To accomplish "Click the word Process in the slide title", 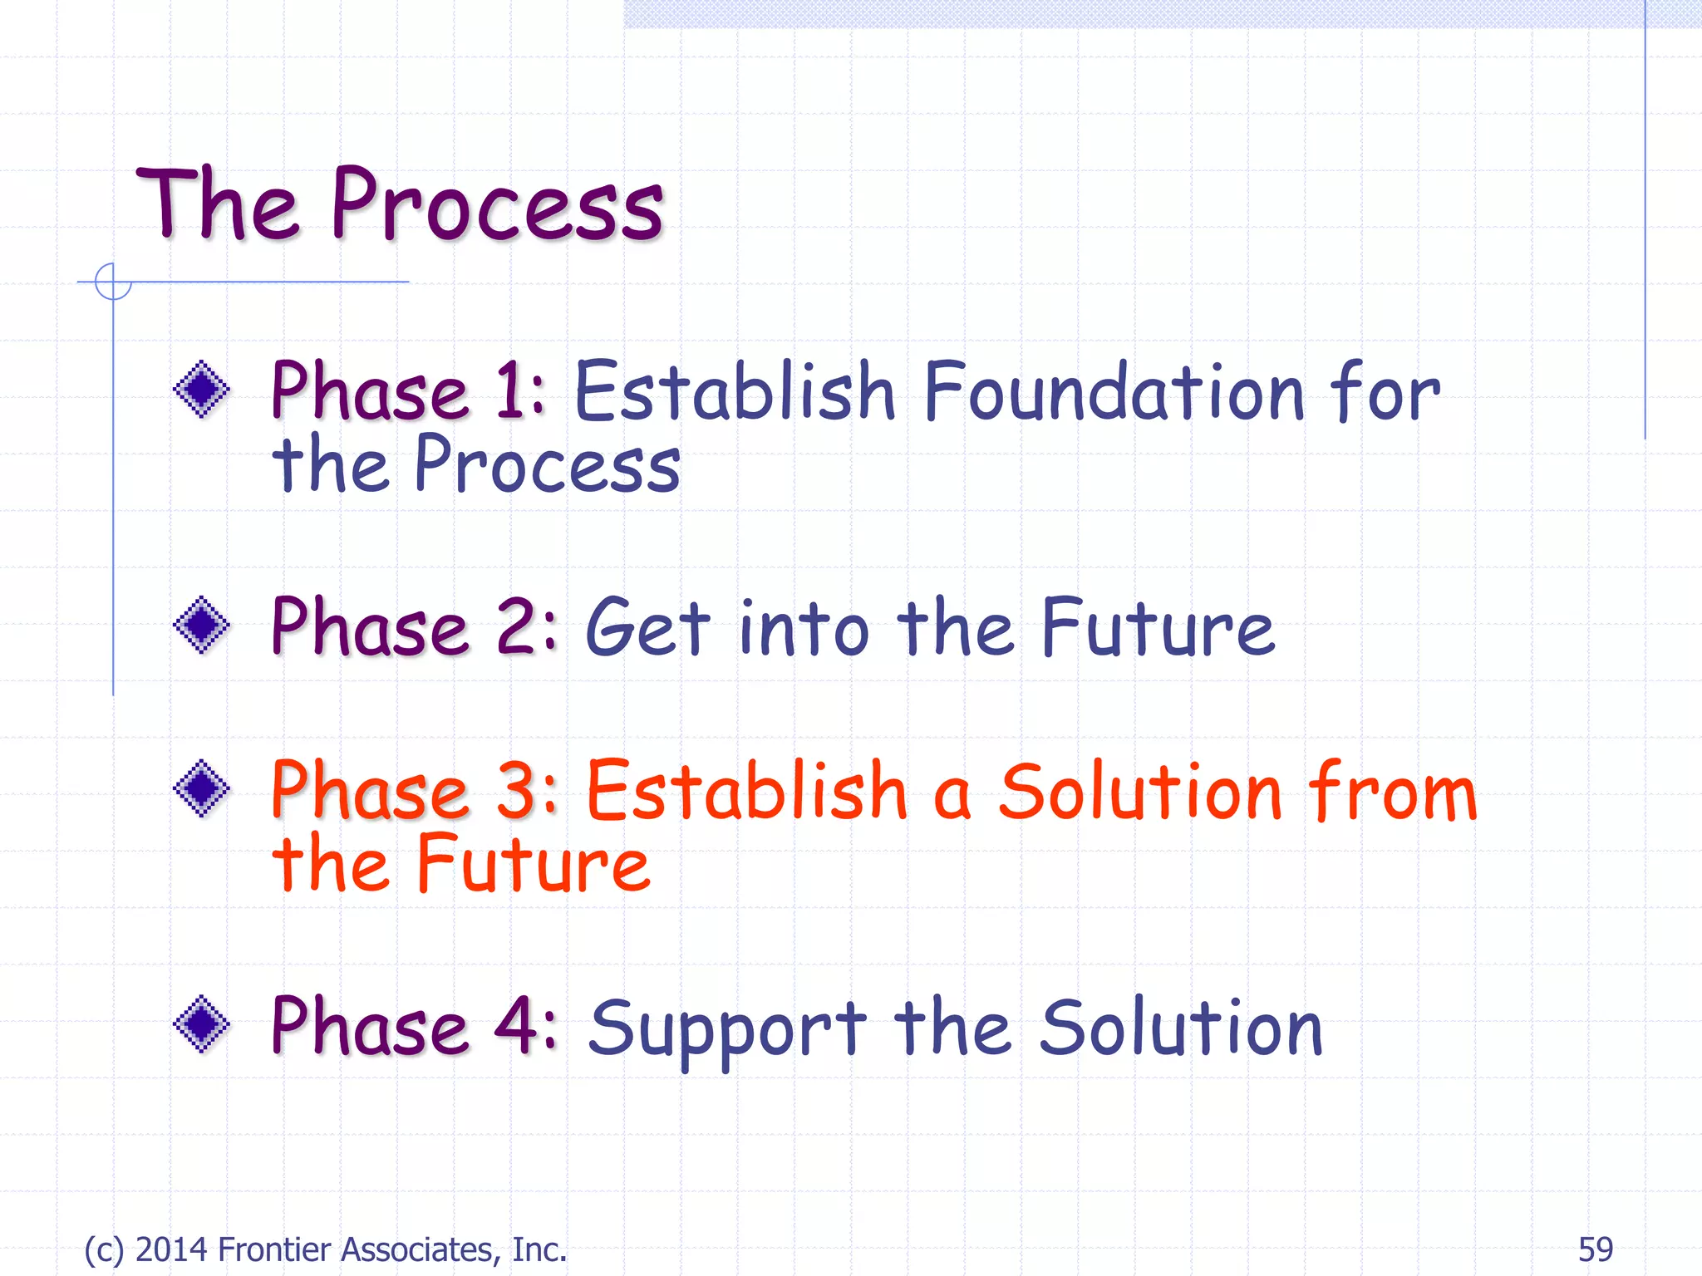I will point(497,205).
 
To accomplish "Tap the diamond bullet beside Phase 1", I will point(201,389).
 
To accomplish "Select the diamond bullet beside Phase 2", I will point(201,625).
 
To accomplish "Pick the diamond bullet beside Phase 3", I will point(201,788).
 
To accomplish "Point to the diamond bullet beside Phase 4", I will point(201,1023).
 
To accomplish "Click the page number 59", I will point(1595,1249).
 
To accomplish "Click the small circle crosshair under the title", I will point(113,282).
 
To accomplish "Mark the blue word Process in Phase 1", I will point(547,465).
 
